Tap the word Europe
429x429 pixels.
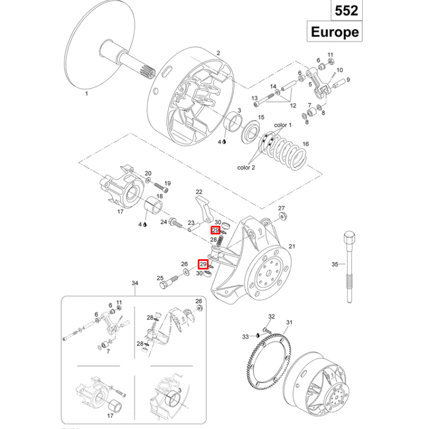point(335,31)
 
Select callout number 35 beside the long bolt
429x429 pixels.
point(335,264)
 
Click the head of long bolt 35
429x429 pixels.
point(348,236)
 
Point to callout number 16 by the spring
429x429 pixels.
point(305,144)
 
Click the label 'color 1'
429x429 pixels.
point(283,125)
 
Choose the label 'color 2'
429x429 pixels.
point(246,168)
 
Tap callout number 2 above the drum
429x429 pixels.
point(218,53)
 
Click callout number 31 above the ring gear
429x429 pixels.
point(289,323)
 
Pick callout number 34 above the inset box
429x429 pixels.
point(136,284)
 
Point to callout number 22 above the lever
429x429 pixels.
point(199,192)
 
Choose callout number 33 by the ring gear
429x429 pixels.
point(246,337)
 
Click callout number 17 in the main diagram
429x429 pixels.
point(121,212)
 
